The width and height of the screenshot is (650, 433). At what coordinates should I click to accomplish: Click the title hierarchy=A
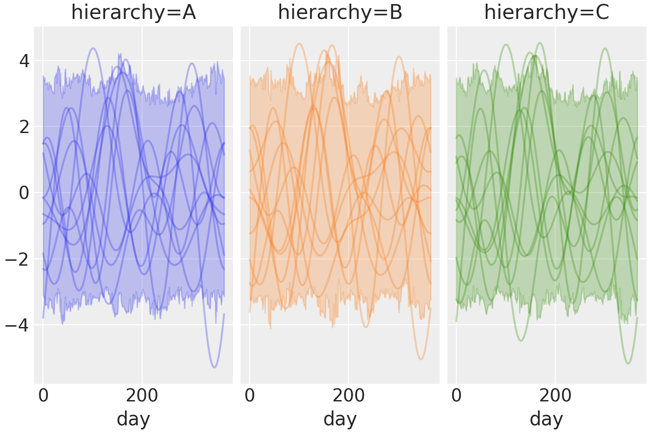133,13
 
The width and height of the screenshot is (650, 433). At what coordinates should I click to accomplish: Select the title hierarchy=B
340,13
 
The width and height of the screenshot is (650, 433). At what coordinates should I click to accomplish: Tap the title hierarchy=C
547,13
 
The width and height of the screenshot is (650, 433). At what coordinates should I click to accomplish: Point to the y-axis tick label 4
24,61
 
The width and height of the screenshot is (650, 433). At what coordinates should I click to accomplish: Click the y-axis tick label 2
24,127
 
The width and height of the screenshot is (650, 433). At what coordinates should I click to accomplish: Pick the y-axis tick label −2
18,259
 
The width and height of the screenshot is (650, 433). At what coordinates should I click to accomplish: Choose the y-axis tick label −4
18,325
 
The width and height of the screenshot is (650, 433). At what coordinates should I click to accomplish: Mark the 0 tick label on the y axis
24,193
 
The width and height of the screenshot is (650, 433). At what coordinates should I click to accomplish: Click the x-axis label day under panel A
133,419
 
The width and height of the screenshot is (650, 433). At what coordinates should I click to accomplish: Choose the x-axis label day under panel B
340,419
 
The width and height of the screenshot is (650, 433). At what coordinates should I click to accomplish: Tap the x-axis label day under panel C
547,419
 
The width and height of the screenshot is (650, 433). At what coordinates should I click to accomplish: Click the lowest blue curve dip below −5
214,367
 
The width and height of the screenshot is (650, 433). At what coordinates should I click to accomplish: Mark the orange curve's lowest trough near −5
421,359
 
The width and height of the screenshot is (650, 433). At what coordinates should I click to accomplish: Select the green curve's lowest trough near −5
627,363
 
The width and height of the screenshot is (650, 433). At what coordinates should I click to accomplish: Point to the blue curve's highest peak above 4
93,48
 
